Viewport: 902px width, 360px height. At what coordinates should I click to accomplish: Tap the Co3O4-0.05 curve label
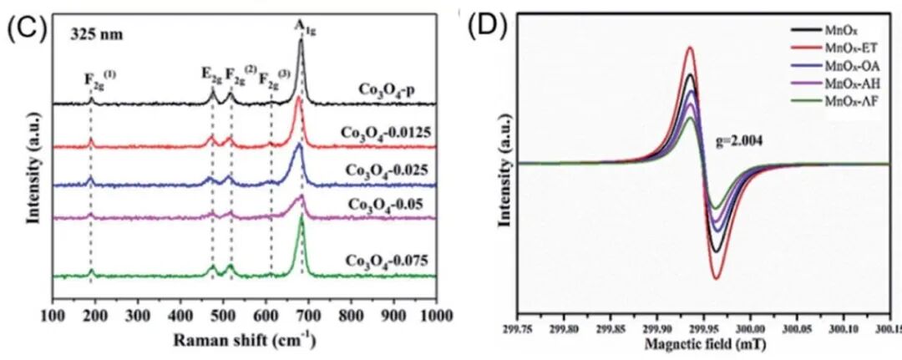tap(389, 202)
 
